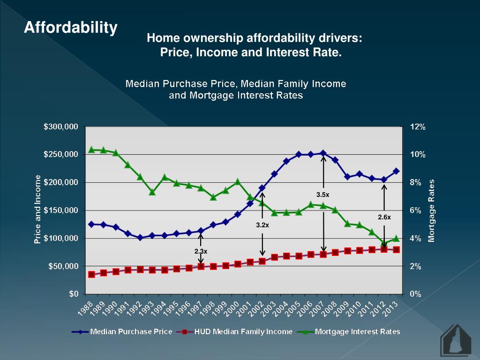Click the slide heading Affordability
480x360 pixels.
click(x=71, y=28)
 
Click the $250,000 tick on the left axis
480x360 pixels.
click(x=61, y=154)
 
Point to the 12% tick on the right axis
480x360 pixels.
click(x=418, y=127)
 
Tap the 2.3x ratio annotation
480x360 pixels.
click(x=201, y=252)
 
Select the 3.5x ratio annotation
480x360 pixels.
click(x=323, y=194)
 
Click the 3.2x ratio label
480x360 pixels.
click(x=262, y=225)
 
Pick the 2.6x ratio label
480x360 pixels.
click(x=384, y=217)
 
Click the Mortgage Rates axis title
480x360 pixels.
click(x=432, y=210)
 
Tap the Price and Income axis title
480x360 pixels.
click(x=38, y=210)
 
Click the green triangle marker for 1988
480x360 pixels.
click(x=92, y=150)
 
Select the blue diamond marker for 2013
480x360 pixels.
click(x=396, y=171)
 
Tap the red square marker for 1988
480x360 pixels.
click(x=92, y=274)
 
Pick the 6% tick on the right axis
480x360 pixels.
click(x=416, y=210)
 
